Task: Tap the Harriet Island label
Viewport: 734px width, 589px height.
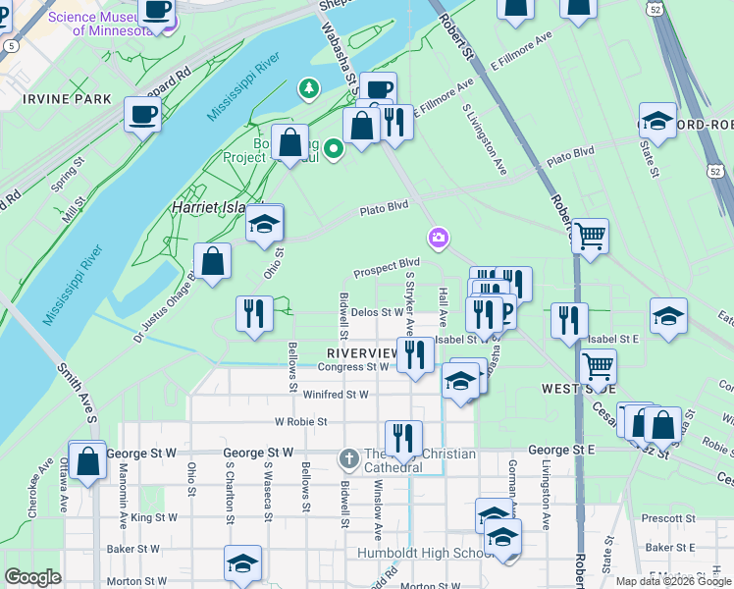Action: (x=207, y=208)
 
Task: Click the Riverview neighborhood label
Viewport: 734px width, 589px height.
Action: (x=363, y=351)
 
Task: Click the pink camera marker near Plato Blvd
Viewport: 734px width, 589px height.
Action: (x=438, y=238)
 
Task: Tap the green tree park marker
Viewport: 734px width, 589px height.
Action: (x=310, y=90)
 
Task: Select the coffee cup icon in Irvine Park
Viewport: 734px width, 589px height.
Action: (x=142, y=114)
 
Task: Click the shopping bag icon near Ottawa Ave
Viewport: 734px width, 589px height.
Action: (x=87, y=462)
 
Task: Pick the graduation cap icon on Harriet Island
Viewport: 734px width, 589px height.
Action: (x=264, y=224)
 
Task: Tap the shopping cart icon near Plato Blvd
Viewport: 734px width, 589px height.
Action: (x=590, y=236)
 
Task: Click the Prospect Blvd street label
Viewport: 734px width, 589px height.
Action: (x=387, y=266)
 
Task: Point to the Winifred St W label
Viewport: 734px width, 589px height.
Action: (x=336, y=395)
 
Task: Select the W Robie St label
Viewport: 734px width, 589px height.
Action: (x=300, y=421)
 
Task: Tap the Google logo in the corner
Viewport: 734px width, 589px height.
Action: (x=32, y=577)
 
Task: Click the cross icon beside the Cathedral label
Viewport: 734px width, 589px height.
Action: (x=348, y=458)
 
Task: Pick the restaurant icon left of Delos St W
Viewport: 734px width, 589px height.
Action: (x=255, y=315)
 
